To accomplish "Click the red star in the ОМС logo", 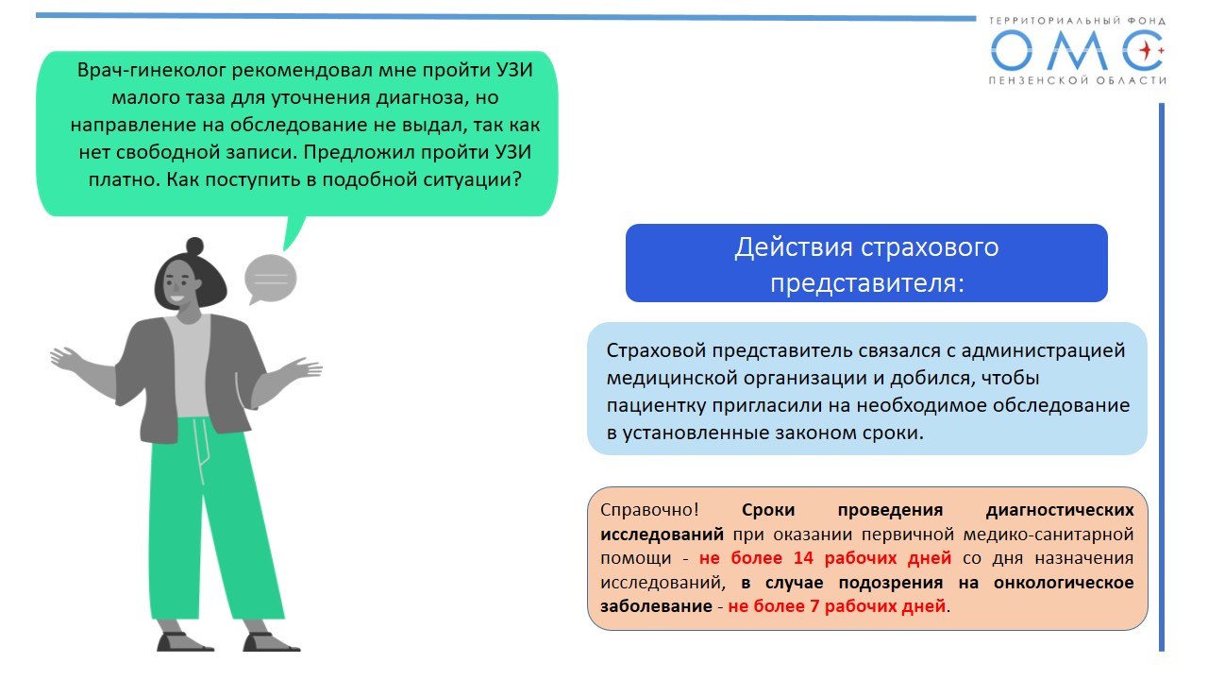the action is (x=1145, y=51).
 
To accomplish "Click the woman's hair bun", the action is (x=194, y=246).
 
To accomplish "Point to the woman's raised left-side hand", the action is (x=66, y=359).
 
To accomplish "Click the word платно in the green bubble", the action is (x=123, y=179).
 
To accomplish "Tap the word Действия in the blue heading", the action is (x=794, y=248).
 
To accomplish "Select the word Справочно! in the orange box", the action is (x=649, y=510).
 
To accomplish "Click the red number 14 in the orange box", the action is (x=803, y=558).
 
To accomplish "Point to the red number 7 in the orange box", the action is (x=814, y=606).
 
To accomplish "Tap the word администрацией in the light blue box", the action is (x=1043, y=351).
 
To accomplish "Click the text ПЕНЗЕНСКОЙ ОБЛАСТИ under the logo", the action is (x=1077, y=80).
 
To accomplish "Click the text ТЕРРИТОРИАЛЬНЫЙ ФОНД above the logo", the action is (x=1077, y=21).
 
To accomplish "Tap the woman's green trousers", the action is (x=216, y=518).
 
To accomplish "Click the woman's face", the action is (x=178, y=285).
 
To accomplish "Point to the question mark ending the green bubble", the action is (x=516, y=179).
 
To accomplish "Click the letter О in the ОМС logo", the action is (x=1011, y=51).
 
